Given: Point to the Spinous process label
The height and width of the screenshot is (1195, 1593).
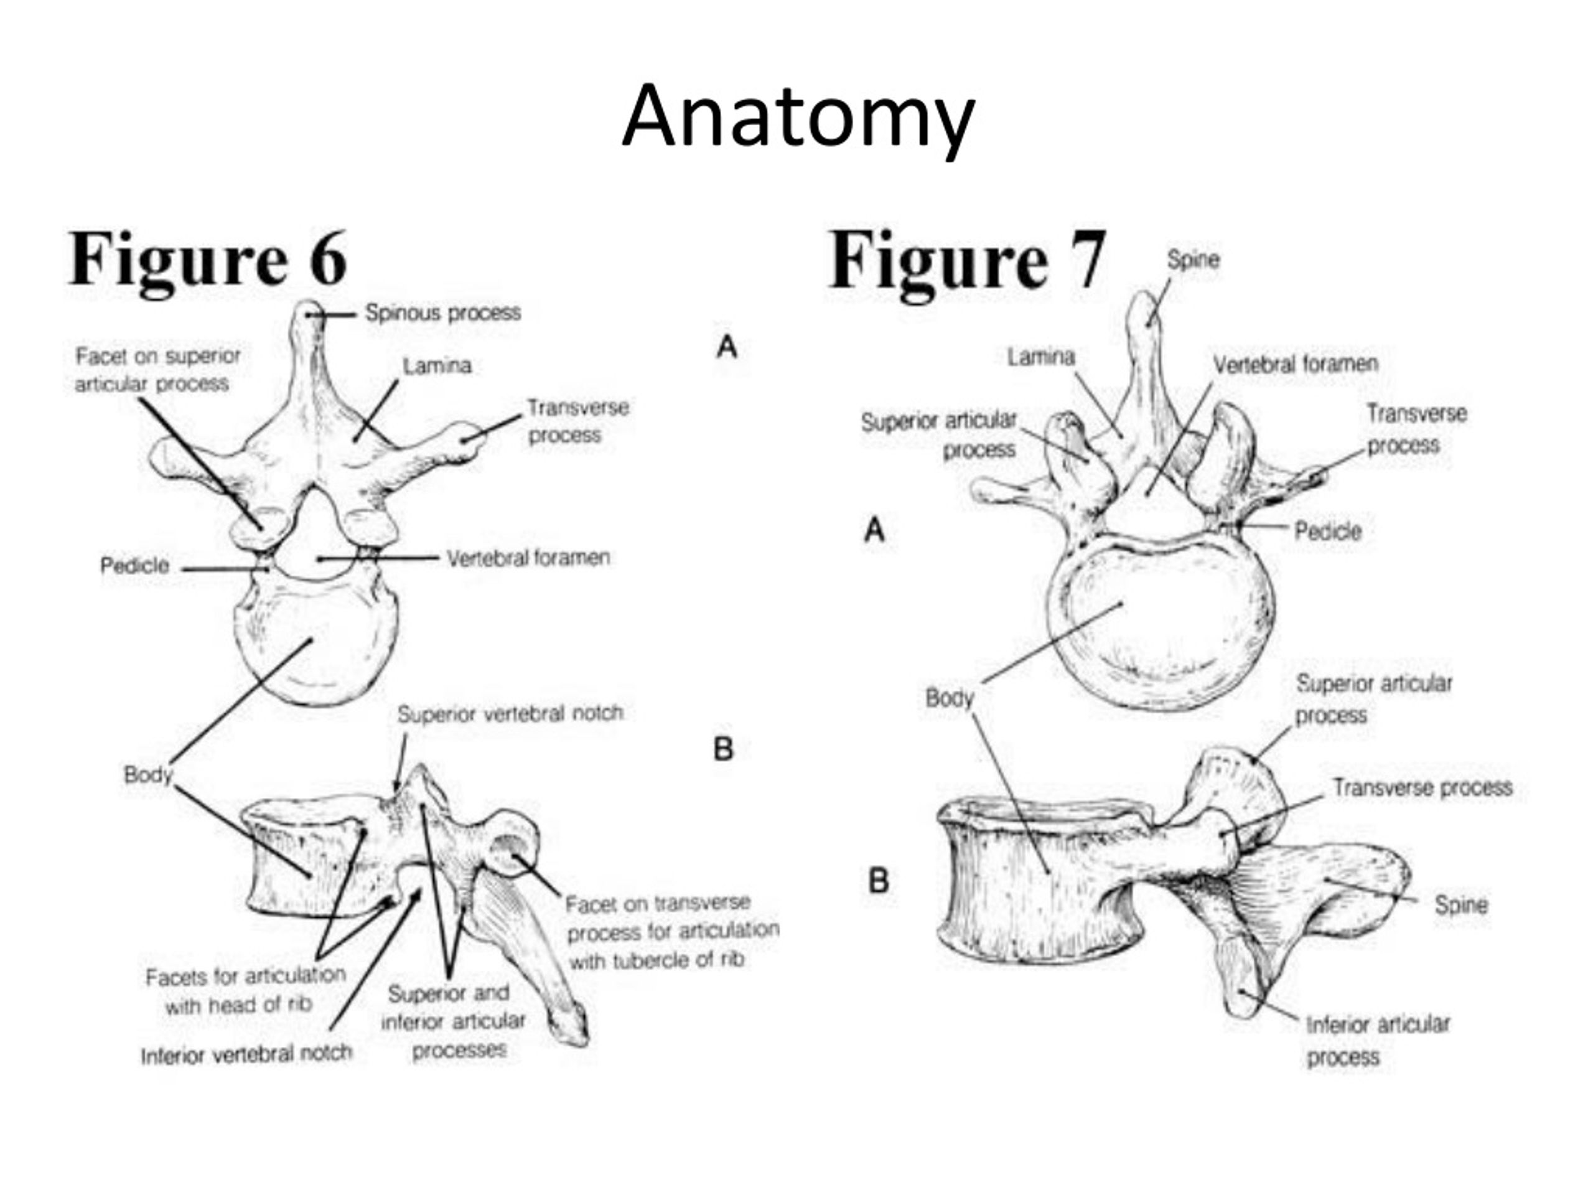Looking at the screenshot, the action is [x=443, y=312].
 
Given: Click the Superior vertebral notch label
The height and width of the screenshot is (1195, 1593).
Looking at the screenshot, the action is [x=510, y=713].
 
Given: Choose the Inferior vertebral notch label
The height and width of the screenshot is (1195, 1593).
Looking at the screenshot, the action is [x=246, y=1054].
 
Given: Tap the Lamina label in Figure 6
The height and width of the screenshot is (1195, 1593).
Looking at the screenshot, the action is [x=437, y=366].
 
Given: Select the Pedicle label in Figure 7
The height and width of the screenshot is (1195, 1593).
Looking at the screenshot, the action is [x=1328, y=532].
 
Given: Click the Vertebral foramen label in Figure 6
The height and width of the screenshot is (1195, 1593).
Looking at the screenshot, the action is [x=528, y=558].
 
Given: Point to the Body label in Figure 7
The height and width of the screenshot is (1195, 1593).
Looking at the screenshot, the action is [x=949, y=697].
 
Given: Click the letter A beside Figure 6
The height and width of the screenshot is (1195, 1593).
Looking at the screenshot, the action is [x=727, y=347].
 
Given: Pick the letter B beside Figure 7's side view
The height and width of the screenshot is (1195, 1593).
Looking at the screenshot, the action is [x=879, y=880].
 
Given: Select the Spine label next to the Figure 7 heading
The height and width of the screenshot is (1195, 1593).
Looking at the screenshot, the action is [x=1194, y=260].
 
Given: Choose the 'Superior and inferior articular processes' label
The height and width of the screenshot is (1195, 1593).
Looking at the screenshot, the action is [x=453, y=1021].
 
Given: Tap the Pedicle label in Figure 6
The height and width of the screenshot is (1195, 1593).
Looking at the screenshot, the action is [x=134, y=565].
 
